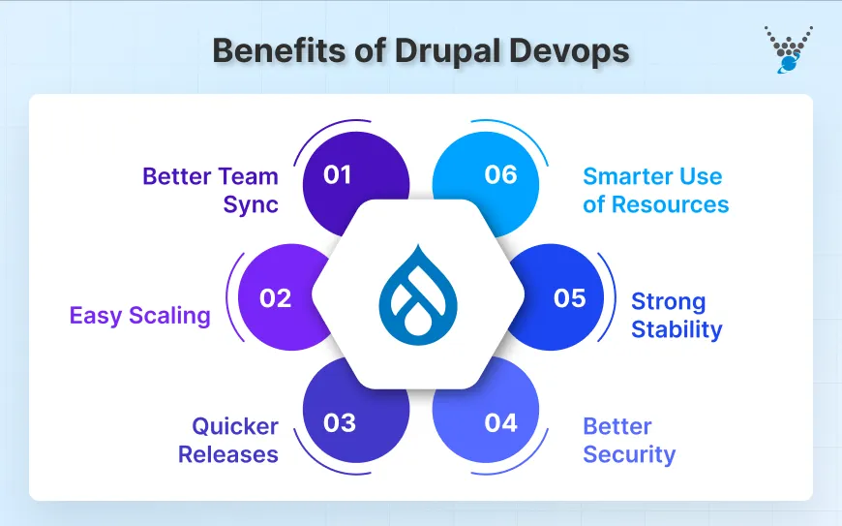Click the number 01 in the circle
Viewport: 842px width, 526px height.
click(x=338, y=175)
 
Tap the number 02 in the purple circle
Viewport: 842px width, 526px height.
click(x=276, y=298)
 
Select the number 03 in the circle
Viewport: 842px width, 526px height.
click(x=339, y=423)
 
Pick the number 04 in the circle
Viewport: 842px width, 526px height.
click(x=501, y=423)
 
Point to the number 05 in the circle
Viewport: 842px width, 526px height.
click(x=569, y=298)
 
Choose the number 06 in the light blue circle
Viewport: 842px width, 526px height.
click(x=500, y=175)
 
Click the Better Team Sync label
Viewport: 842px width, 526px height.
click(x=210, y=190)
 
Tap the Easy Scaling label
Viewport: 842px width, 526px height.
click(x=139, y=315)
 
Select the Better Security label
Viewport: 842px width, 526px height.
click(x=629, y=440)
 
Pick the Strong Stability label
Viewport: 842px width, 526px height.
click(x=677, y=315)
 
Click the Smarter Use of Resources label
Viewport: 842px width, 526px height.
click(x=655, y=190)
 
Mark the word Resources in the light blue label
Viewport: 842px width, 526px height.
click(x=670, y=204)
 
